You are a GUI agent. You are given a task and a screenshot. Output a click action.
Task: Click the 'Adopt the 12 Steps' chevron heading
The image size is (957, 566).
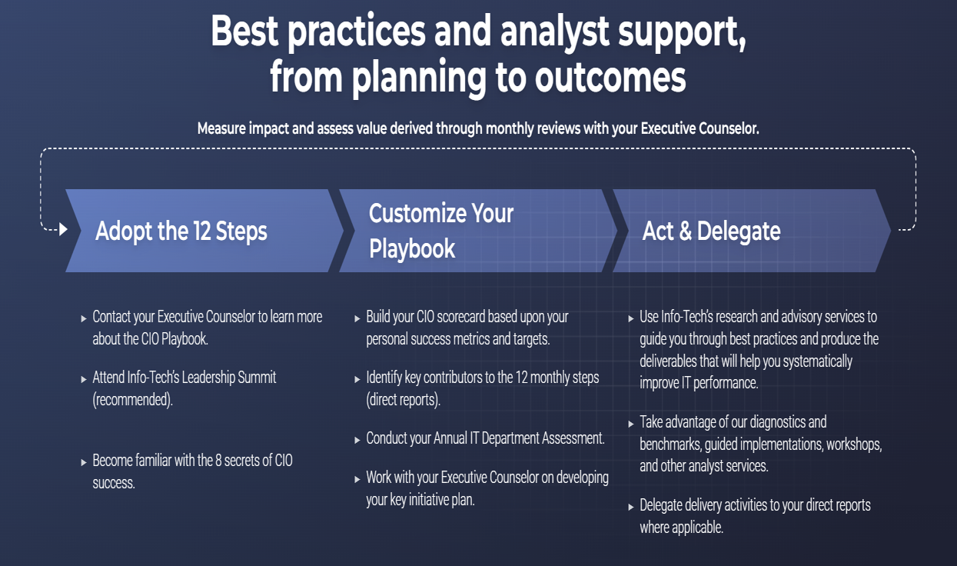pyautogui.click(x=181, y=231)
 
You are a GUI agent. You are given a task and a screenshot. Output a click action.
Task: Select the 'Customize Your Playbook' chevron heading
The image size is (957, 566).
pyautogui.click(x=441, y=231)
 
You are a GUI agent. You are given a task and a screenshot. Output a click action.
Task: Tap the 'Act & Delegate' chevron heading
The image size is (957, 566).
pyautogui.click(x=711, y=231)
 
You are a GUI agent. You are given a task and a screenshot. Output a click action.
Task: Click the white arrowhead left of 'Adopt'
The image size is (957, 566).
pyautogui.click(x=63, y=229)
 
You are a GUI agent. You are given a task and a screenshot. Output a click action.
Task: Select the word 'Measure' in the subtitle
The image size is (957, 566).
pyautogui.click(x=221, y=128)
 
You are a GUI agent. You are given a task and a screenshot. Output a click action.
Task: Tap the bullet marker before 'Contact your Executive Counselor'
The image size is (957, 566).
pyautogui.click(x=84, y=318)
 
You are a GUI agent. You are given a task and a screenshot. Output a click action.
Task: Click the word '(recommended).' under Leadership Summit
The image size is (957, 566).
pyautogui.click(x=132, y=400)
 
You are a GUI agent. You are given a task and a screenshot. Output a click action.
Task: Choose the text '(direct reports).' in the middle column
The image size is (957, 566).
pyautogui.click(x=403, y=400)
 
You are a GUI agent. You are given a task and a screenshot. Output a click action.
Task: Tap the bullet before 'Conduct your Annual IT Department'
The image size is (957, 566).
pyautogui.click(x=357, y=440)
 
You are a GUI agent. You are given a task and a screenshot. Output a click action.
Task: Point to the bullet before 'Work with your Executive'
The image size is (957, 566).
pyautogui.click(x=357, y=479)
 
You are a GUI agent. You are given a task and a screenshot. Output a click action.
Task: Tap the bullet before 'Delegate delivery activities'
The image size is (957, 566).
pyautogui.click(x=631, y=507)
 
